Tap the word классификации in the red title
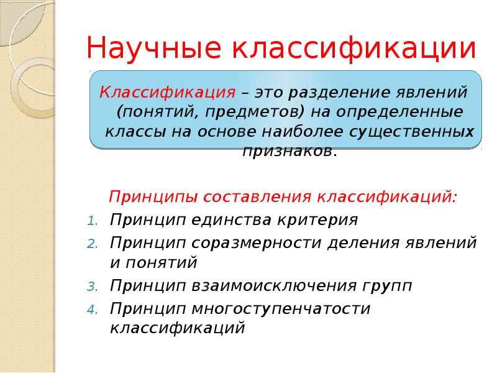[x=356, y=48]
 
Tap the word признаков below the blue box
[x=290, y=151]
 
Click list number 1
[x=91, y=221]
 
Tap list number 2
[x=91, y=243]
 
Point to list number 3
[x=91, y=287]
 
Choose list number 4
[x=91, y=309]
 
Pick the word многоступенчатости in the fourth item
[x=281, y=308]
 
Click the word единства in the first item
[x=232, y=220]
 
